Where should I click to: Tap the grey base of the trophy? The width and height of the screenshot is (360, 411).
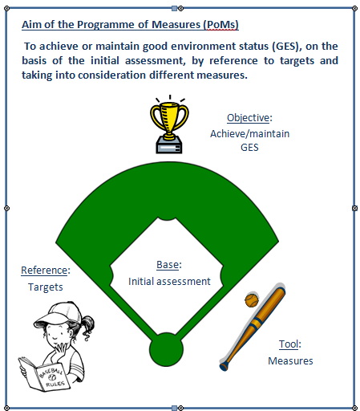pos(169,145)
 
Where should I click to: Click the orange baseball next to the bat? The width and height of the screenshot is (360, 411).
pos(252,300)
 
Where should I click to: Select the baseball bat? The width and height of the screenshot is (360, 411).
pos(253,329)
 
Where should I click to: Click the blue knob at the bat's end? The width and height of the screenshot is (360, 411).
pos(224,366)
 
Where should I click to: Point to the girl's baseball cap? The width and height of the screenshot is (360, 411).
pos(59,312)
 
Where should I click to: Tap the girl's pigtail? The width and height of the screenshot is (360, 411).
pos(87,327)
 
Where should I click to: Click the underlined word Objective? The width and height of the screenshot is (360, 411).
pos(248,118)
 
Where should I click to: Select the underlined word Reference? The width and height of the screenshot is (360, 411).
pos(44,271)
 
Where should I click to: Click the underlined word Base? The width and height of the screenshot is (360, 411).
pos(168,265)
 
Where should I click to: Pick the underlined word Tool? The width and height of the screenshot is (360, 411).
pos(289,344)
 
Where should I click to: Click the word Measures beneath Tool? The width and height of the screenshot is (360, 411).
pos(290,361)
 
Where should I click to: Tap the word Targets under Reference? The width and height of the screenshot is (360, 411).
pos(46,287)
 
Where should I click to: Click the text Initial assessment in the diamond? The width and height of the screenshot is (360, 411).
pos(169,282)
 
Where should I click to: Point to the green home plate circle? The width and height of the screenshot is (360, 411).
pos(166,350)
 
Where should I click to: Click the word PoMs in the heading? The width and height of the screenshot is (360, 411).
pos(221,25)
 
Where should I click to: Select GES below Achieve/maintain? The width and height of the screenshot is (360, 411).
pos(249,148)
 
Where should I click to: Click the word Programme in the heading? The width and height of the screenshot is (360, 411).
pos(106,25)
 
